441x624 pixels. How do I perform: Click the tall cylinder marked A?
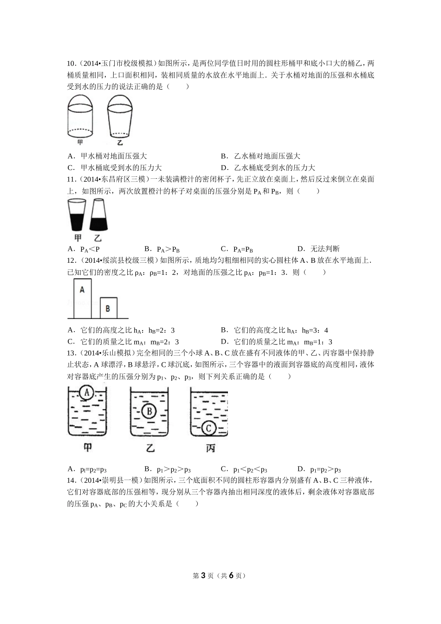(x=82, y=298)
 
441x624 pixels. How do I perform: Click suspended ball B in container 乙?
(x=149, y=411)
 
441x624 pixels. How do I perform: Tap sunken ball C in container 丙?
(x=209, y=428)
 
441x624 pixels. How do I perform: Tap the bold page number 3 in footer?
(x=203, y=576)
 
